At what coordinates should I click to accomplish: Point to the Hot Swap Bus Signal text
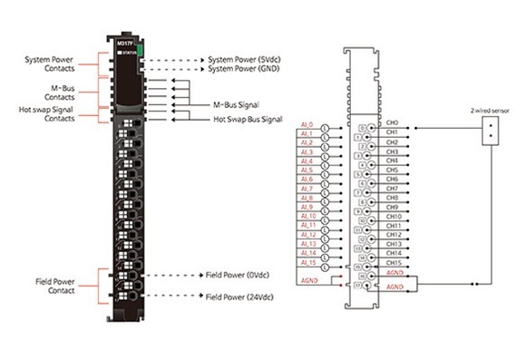coord(251,119)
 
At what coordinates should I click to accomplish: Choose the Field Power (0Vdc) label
coord(238,275)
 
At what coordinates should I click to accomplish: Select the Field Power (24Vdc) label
coord(239,296)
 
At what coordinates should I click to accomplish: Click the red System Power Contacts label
coord(49,62)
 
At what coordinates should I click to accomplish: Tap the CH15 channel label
coord(394,262)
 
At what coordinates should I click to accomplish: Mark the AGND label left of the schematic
coord(308,281)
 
